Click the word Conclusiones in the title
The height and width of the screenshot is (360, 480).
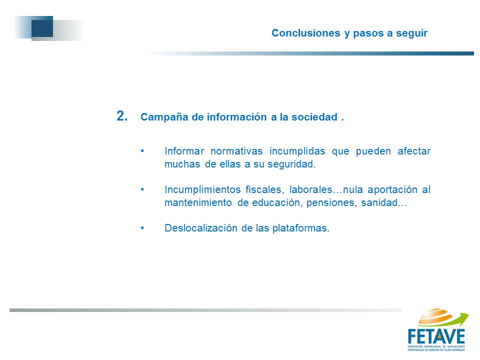pos(306,33)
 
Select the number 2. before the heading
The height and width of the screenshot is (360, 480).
pos(122,116)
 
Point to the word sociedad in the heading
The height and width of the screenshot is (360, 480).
pos(314,117)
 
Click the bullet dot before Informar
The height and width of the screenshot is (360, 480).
pos(142,151)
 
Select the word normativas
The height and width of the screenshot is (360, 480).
pos(236,151)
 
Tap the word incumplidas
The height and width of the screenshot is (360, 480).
pos(297,151)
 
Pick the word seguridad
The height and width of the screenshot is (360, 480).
pos(291,164)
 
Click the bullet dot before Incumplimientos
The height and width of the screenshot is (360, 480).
pos(142,189)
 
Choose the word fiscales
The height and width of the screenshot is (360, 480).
pos(265,189)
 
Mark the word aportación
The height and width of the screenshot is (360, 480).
pos(392,190)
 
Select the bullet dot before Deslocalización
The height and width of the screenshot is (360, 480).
pos(142,228)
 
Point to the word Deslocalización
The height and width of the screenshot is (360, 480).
pos(201,228)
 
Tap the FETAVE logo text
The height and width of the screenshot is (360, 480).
pos(436,336)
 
